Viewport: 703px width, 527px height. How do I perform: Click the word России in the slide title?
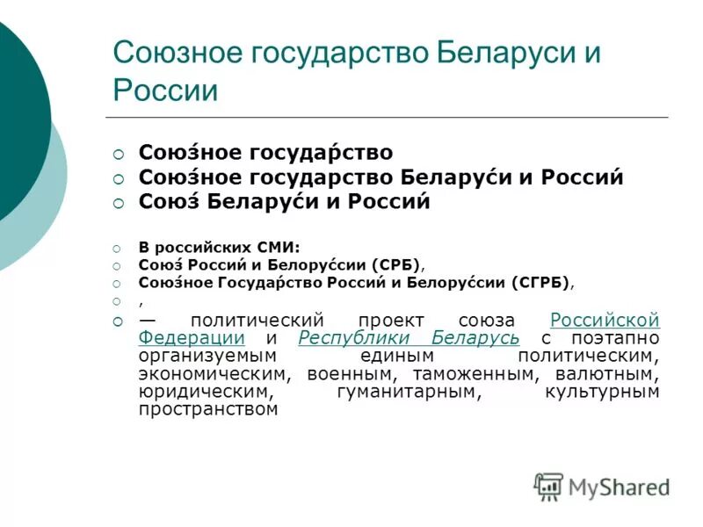pos(165,90)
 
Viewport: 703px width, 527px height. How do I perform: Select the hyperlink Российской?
pos(605,321)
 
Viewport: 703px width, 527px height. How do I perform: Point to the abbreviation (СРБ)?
pos(396,263)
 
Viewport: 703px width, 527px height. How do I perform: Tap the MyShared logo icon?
pos(548,486)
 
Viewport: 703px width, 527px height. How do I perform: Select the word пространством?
pos(208,409)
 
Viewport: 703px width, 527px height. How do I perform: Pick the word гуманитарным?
pos(409,392)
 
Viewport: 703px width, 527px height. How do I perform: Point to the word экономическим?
pos(215,374)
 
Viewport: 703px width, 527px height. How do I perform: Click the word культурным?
pos(602,392)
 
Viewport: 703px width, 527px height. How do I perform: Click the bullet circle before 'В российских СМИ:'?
pos(119,248)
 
